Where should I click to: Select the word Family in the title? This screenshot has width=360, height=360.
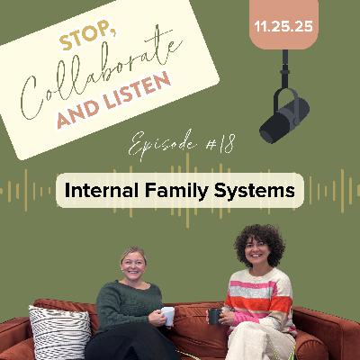(178, 191)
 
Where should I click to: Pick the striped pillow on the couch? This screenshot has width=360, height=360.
(58, 331)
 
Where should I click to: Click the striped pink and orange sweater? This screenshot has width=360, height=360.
(260, 301)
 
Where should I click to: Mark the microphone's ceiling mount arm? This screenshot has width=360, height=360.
(287, 67)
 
